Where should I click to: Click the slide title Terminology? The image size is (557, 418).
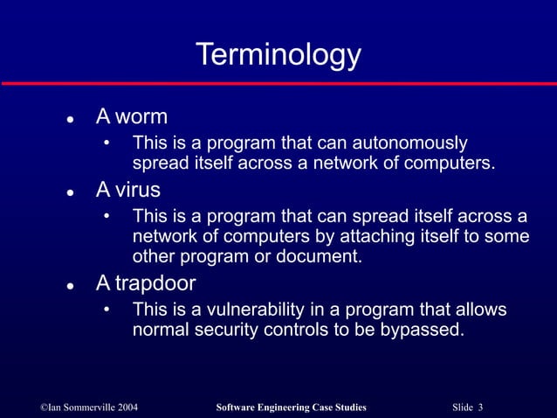[278, 55]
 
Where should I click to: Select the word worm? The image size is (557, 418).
[141, 117]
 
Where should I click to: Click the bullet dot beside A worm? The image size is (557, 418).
[68, 118]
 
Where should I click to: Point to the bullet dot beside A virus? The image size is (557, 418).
[68, 190]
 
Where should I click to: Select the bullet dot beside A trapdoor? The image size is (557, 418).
[68, 284]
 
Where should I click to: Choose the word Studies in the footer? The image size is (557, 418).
[349, 408]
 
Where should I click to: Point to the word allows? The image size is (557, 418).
[480, 310]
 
